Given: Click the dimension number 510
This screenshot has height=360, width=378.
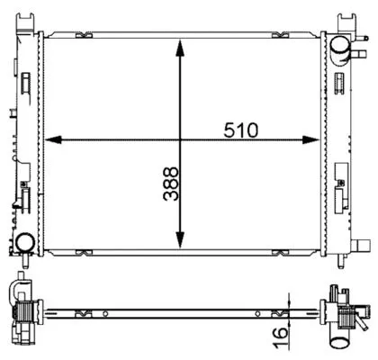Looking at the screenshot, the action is pyautogui.click(x=240, y=130).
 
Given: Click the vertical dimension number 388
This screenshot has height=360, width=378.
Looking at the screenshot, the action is pyautogui.click(x=171, y=184).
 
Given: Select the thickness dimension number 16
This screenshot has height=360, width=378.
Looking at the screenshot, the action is pyautogui.click(x=281, y=337).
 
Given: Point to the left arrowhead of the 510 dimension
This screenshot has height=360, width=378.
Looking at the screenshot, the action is pyautogui.click(x=53, y=139).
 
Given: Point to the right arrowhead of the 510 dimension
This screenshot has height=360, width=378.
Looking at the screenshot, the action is pyautogui.click(x=310, y=139).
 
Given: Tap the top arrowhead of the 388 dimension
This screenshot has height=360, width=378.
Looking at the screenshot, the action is pyautogui.click(x=180, y=48).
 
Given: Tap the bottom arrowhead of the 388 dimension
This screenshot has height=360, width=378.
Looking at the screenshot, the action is pyautogui.click(x=180, y=240).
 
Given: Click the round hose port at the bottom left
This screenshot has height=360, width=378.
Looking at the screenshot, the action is pyautogui.click(x=25, y=243).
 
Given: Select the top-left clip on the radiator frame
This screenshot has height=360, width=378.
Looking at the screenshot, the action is pyautogui.click(x=84, y=35).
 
